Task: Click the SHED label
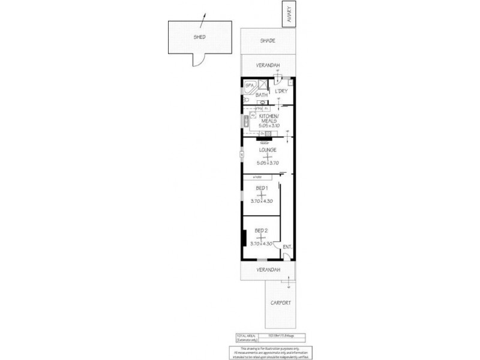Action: [199, 37]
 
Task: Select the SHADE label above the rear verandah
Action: [267, 41]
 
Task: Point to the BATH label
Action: [262, 95]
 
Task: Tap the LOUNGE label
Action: [267, 149]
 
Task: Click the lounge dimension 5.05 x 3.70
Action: [267, 163]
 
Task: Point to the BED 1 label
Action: [261, 188]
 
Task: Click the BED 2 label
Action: [261, 230]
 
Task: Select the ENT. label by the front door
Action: [287, 247]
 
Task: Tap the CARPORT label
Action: [281, 303]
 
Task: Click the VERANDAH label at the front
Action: [268, 270]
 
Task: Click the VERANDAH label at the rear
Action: [268, 65]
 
